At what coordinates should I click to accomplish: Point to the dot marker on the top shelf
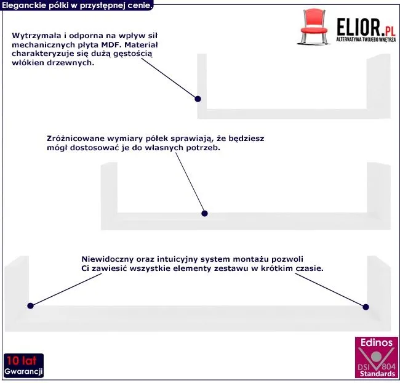click(198, 99)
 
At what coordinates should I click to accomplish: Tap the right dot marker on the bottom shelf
click(366, 306)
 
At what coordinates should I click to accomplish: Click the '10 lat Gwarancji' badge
click(23, 366)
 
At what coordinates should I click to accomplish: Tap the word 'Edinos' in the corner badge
click(377, 343)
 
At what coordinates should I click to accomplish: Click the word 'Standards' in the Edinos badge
click(378, 374)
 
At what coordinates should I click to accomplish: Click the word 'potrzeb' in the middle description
click(203, 148)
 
